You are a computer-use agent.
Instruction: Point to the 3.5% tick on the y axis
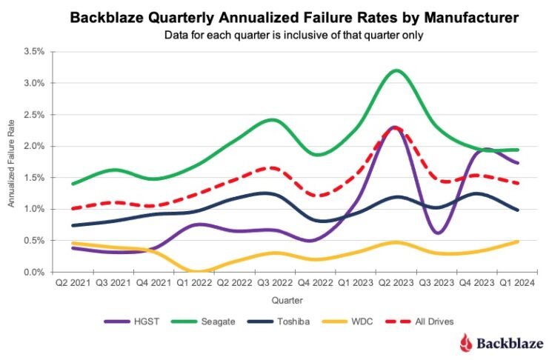click(x=33, y=52)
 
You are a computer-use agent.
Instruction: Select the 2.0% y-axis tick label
click(x=33, y=147)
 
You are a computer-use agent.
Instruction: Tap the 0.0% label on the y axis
click(x=33, y=273)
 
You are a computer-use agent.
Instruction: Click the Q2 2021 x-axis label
click(x=72, y=282)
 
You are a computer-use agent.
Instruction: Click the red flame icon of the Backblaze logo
click(x=465, y=342)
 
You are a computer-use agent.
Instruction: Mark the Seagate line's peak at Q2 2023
click(x=396, y=70)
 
